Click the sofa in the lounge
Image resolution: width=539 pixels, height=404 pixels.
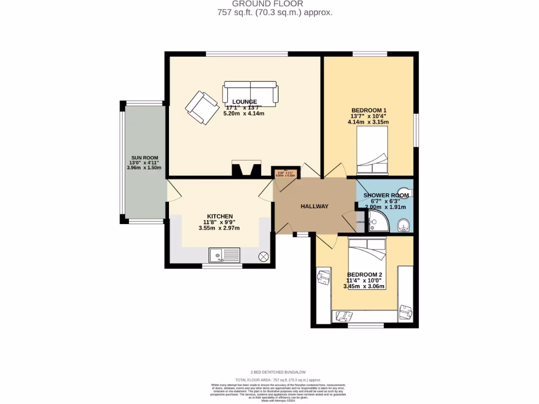pyautogui.click(x=250, y=93)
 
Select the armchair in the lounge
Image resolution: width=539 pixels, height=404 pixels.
pyautogui.click(x=201, y=107)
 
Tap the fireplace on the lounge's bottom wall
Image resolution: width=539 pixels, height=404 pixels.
pyautogui.click(x=246, y=170)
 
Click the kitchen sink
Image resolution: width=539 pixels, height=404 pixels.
pyautogui.click(x=224, y=256)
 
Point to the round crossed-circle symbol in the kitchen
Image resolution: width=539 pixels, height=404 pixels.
pyautogui.click(x=264, y=256)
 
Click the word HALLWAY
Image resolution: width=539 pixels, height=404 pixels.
pyautogui.click(x=315, y=206)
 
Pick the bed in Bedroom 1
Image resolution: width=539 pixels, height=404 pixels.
pyautogui.click(x=373, y=152)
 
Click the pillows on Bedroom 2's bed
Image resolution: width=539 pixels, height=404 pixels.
pyautogui.click(x=367, y=243)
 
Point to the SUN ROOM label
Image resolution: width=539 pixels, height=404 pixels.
pyautogui.click(x=144, y=158)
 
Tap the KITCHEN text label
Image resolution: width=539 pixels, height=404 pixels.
pyautogui.click(x=219, y=216)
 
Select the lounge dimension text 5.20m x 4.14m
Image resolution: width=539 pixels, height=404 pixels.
pyautogui.click(x=244, y=113)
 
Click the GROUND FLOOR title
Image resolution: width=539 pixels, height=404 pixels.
pyautogui.click(x=275, y=4)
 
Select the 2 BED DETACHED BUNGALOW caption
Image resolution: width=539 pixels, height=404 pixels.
pyautogui.click(x=274, y=371)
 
